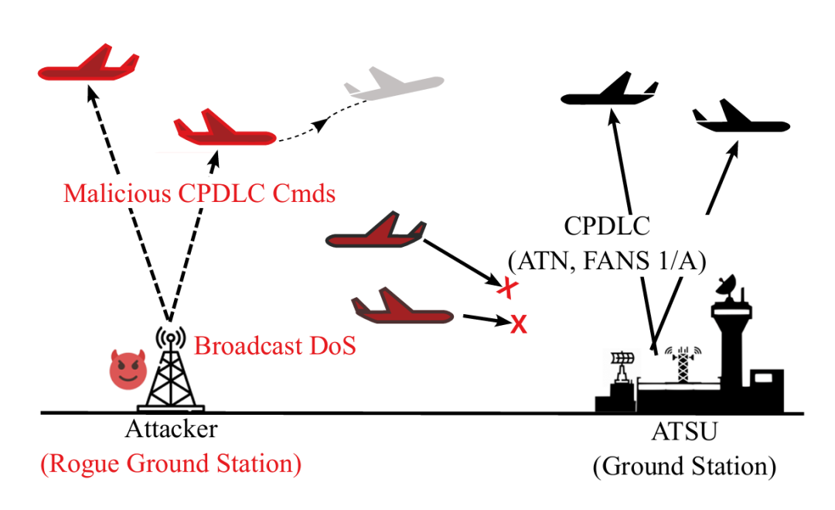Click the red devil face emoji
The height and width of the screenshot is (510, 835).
(x=128, y=369)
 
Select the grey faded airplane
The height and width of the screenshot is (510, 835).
(x=394, y=84)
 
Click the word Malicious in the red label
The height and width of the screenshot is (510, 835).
(x=118, y=193)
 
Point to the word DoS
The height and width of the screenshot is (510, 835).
(x=332, y=346)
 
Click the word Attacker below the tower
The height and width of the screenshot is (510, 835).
(x=172, y=429)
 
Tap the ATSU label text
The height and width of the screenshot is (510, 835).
(x=685, y=432)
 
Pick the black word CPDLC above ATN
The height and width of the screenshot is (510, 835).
(x=607, y=226)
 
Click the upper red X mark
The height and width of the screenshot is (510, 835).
(x=507, y=288)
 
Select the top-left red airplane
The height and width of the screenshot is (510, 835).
(x=89, y=63)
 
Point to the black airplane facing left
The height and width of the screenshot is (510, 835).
(x=610, y=90)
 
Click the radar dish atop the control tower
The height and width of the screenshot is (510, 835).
(x=726, y=286)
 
